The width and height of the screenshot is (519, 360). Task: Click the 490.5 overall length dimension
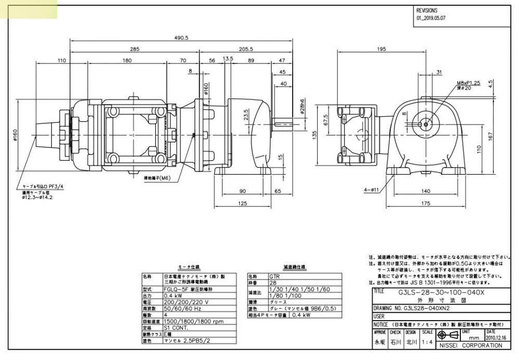181,38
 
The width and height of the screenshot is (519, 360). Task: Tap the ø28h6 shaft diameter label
302,108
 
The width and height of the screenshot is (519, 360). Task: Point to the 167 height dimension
505,135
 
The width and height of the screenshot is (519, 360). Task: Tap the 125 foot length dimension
242,203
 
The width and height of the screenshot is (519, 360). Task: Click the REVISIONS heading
427,10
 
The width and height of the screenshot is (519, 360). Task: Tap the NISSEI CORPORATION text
470,345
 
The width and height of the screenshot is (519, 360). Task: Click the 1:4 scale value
427,342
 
